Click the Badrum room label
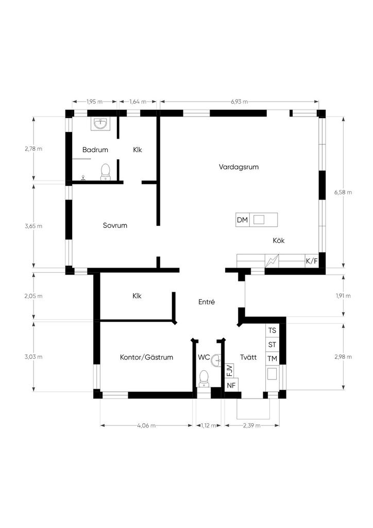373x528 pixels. (x=95, y=150)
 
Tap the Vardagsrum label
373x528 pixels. (x=239, y=167)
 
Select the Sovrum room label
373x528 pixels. (x=115, y=226)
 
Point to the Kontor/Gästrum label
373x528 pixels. (x=147, y=357)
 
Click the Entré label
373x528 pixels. (x=207, y=302)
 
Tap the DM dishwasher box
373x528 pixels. (x=243, y=220)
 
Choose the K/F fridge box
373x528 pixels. (x=312, y=261)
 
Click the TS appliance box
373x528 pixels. (x=272, y=331)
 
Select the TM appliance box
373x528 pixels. (x=272, y=359)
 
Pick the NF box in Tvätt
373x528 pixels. (x=231, y=386)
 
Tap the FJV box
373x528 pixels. (x=229, y=371)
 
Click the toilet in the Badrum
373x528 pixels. (x=106, y=172)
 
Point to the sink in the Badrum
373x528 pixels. (x=100, y=124)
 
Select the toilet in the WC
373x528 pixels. (x=204, y=379)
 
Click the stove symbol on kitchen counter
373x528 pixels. (x=272, y=261)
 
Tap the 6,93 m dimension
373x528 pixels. (x=239, y=102)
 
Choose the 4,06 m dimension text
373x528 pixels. (x=146, y=425)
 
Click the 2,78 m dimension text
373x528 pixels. (x=33, y=148)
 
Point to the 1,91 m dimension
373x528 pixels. (x=343, y=296)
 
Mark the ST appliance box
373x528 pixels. (x=272, y=344)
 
